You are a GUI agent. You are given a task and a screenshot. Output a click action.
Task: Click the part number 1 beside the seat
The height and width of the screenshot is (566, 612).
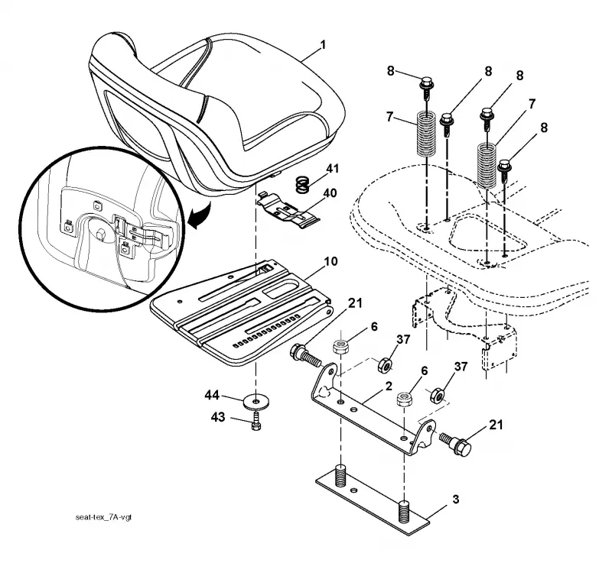pyautogui.click(x=322, y=45)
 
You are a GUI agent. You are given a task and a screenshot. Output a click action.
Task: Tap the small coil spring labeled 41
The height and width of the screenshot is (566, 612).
pyautogui.click(x=301, y=184)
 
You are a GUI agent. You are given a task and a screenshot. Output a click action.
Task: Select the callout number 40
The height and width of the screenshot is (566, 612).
pyautogui.click(x=330, y=193)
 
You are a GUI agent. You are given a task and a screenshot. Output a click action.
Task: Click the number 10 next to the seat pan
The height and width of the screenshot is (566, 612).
pyautogui.click(x=330, y=261)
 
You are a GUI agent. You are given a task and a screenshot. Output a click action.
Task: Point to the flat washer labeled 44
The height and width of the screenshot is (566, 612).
pyautogui.click(x=256, y=402)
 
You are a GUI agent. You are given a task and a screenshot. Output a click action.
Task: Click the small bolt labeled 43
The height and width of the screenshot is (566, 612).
pyautogui.click(x=256, y=422)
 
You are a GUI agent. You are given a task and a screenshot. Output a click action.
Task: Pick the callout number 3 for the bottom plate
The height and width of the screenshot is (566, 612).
pyautogui.click(x=455, y=499)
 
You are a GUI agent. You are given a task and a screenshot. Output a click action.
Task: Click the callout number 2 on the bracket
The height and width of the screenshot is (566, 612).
pyautogui.click(x=389, y=386)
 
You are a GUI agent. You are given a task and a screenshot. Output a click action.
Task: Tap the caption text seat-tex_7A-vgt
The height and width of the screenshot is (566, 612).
pyautogui.click(x=103, y=517)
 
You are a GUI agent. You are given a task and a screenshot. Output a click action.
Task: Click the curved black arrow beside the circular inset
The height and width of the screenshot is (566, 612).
pyautogui.click(x=200, y=215)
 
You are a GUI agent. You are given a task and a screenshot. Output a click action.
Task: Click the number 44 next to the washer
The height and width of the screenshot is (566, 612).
pyautogui.click(x=212, y=395)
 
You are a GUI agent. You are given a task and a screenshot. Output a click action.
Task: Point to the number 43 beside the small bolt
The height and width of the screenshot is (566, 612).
pyautogui.click(x=218, y=418)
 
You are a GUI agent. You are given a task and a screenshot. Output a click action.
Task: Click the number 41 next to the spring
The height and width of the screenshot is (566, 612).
pyautogui.click(x=333, y=169)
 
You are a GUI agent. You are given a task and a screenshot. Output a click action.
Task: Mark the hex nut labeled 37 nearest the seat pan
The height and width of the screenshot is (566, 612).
pyautogui.click(x=385, y=364)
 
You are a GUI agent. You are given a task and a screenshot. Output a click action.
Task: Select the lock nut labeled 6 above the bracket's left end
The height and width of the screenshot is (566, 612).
pyautogui.click(x=340, y=346)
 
